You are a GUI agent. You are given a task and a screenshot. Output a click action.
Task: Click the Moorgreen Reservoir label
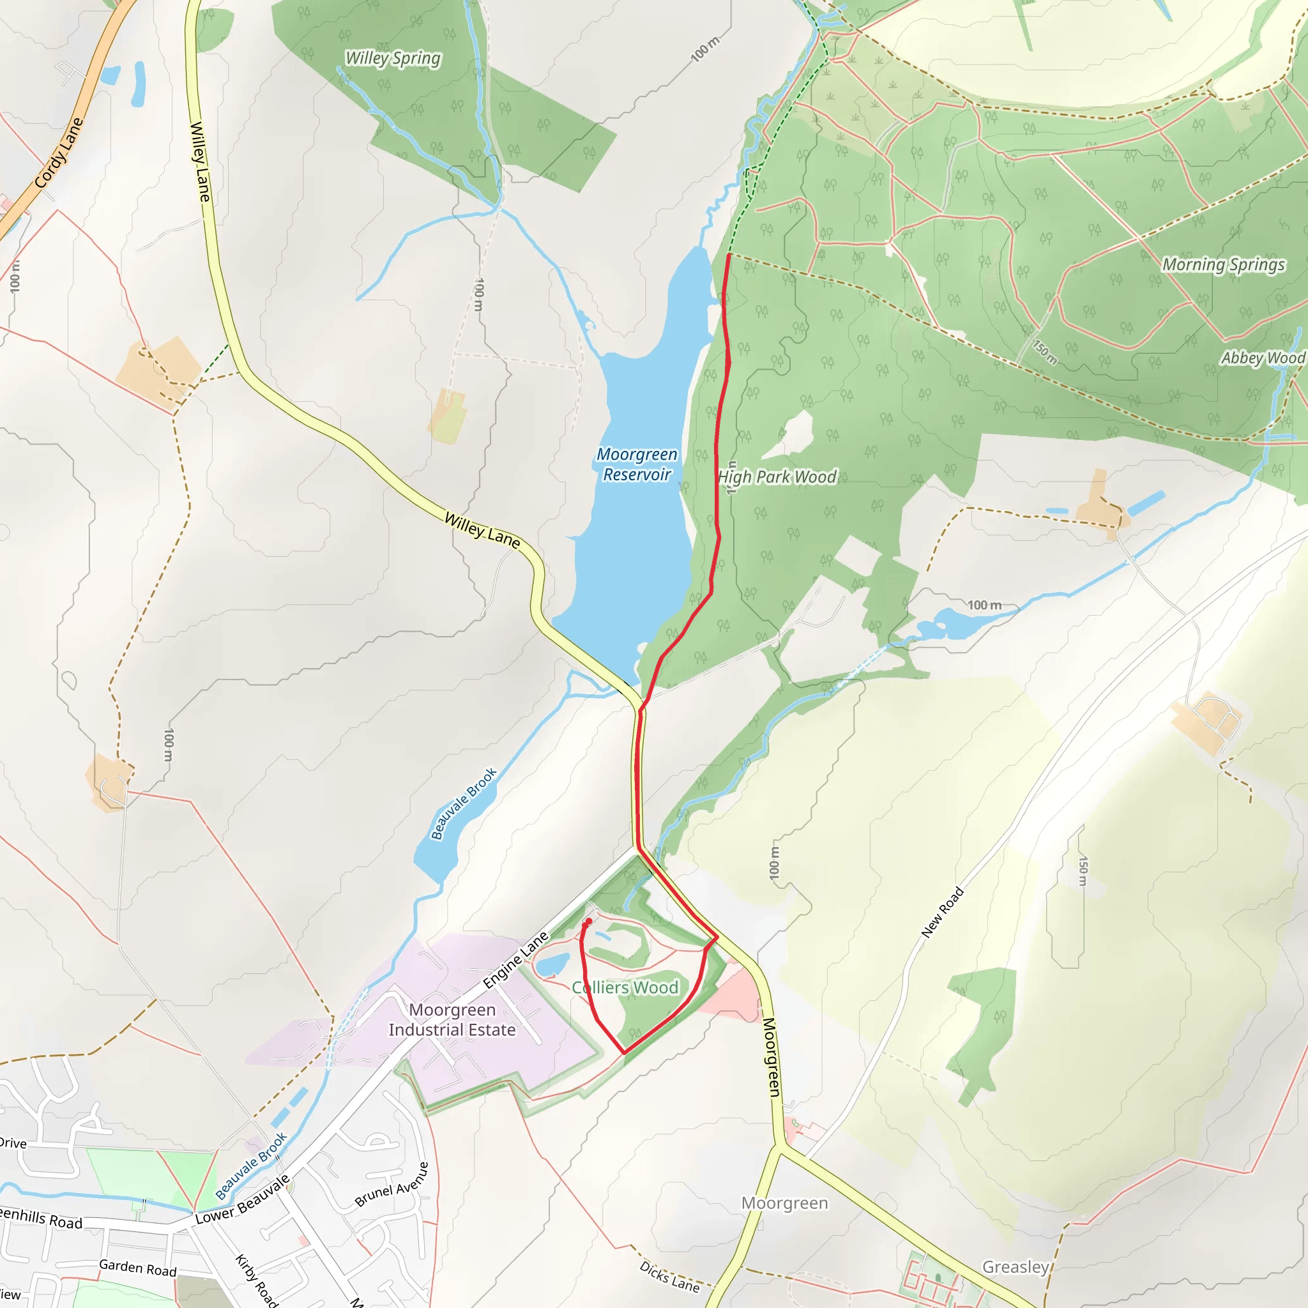[636, 464]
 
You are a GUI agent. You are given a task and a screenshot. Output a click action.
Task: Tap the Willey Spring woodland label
[393, 59]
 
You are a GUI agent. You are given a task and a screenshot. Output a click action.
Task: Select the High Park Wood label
[777, 477]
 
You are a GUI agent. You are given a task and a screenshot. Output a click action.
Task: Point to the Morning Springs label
[1222, 264]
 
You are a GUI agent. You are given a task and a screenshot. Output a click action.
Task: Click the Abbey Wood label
[1263, 358]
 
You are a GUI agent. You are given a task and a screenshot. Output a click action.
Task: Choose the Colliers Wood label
[625, 988]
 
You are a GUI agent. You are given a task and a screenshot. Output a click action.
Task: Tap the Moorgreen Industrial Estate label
[452, 1019]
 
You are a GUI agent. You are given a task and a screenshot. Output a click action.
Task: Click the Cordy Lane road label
[59, 153]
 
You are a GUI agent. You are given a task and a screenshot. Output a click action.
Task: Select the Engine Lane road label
[515, 960]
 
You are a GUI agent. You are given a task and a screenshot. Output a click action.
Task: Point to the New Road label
[942, 912]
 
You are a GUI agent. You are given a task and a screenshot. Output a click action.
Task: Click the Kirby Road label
[256, 1279]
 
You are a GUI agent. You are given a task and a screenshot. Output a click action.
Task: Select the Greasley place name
[1015, 1266]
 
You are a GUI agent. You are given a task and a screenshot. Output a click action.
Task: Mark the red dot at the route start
[588, 922]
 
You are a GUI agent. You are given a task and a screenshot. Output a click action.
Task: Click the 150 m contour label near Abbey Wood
[1045, 351]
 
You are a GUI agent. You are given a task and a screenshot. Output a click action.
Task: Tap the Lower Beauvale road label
[242, 1200]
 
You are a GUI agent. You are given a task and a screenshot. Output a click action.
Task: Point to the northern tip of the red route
[729, 255]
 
